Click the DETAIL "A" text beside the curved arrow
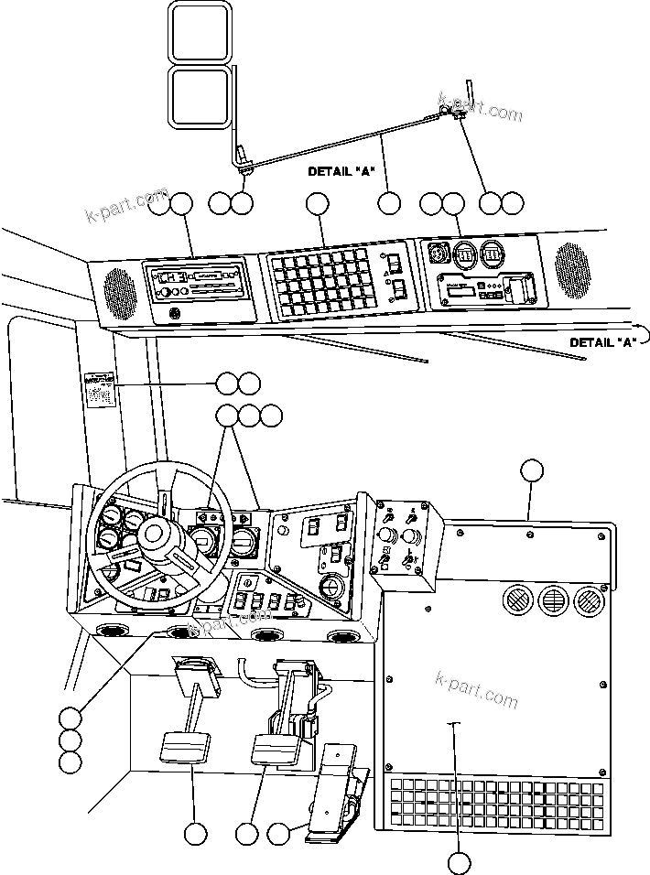point(602,342)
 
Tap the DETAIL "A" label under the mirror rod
point(341,171)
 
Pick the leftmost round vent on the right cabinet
point(514,600)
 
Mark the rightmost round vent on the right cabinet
point(588,600)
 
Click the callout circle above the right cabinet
point(531,471)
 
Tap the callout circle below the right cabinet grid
point(460,861)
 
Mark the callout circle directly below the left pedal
point(194,834)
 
